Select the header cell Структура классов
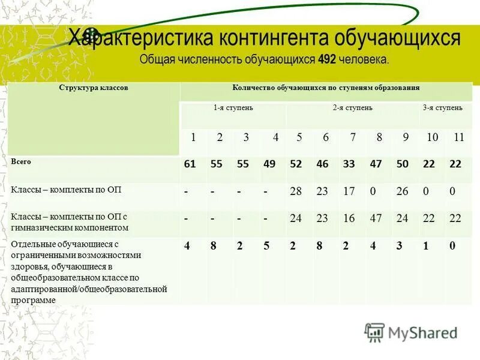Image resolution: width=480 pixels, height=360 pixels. click(x=93, y=88)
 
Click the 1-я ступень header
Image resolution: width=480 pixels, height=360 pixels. click(x=233, y=107)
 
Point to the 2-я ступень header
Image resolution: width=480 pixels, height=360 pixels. click(x=353, y=107)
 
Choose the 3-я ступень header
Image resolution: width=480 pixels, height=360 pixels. click(x=442, y=107)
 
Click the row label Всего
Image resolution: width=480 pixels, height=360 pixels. click(x=20, y=162)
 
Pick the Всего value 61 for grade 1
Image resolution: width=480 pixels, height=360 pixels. click(x=190, y=164)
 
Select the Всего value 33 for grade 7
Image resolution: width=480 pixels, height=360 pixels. click(x=349, y=164)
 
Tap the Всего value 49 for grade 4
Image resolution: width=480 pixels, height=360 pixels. click(x=269, y=164)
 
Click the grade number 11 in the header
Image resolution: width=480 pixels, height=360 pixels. click(x=459, y=137)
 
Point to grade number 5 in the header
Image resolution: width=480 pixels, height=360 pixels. click(x=299, y=137)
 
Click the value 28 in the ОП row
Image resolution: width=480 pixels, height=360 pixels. click(x=296, y=191)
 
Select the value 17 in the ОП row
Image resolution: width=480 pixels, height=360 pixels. click(x=349, y=191)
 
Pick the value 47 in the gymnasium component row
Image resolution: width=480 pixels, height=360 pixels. click(x=376, y=218)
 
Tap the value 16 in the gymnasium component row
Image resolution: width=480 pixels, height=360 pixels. click(x=349, y=218)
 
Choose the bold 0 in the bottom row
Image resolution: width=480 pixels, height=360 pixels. click(x=452, y=245)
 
